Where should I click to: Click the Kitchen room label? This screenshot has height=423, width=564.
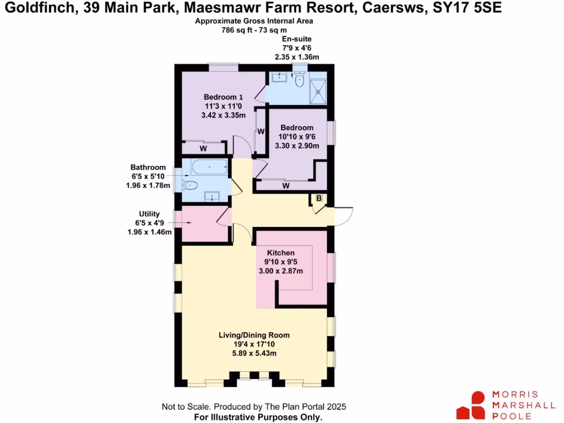coord(281,253)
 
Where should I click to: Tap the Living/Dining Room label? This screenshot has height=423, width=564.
coord(254,335)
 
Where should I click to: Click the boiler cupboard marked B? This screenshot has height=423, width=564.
coord(318,199)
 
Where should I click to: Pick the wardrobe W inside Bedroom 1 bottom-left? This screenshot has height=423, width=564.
coord(203,148)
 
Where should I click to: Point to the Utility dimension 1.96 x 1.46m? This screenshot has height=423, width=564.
coord(149,232)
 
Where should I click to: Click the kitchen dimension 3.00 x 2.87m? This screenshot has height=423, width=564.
coord(281,270)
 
